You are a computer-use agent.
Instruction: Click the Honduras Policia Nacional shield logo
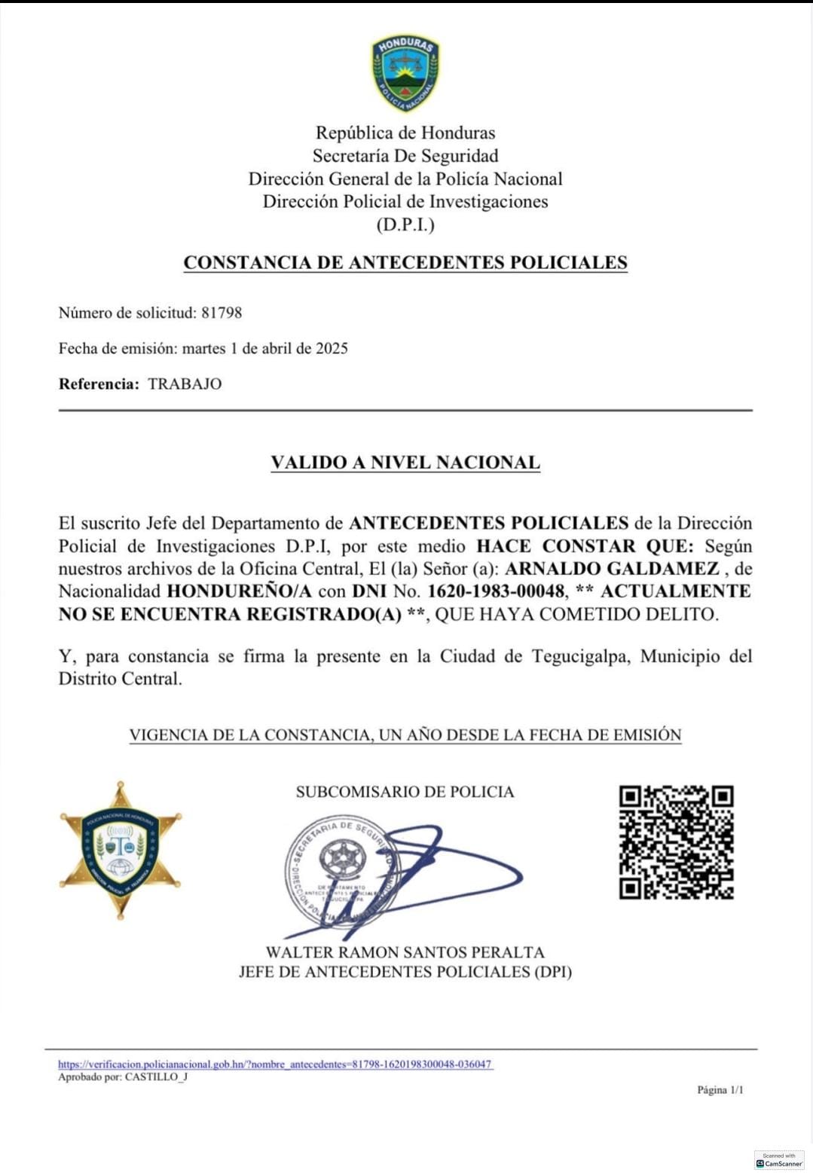tap(405, 73)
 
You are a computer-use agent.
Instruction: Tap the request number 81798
tap(222, 313)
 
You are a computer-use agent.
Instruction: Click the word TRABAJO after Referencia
tap(185, 384)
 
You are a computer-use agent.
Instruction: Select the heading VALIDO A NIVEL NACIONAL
tap(405, 463)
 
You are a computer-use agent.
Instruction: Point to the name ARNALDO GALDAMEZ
tap(612, 569)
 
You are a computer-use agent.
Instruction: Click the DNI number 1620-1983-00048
tap(496, 591)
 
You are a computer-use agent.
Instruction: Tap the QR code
tap(676, 842)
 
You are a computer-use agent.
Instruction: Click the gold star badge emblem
tap(121, 851)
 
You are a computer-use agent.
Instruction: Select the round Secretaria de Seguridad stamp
tap(341, 871)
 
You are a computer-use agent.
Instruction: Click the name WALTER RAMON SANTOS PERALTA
tap(405, 953)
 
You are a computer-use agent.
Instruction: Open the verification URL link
tap(275, 1065)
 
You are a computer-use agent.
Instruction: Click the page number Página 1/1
tap(720, 1090)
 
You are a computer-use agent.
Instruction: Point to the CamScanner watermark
tap(779, 1161)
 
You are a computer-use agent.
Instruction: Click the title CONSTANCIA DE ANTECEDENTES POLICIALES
tap(405, 263)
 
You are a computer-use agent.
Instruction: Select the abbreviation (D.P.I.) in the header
tap(405, 225)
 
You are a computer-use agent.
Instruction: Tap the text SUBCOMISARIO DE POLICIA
tap(405, 792)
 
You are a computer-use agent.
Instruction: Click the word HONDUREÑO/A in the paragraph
tap(239, 591)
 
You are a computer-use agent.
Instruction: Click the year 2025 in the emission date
tap(332, 348)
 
